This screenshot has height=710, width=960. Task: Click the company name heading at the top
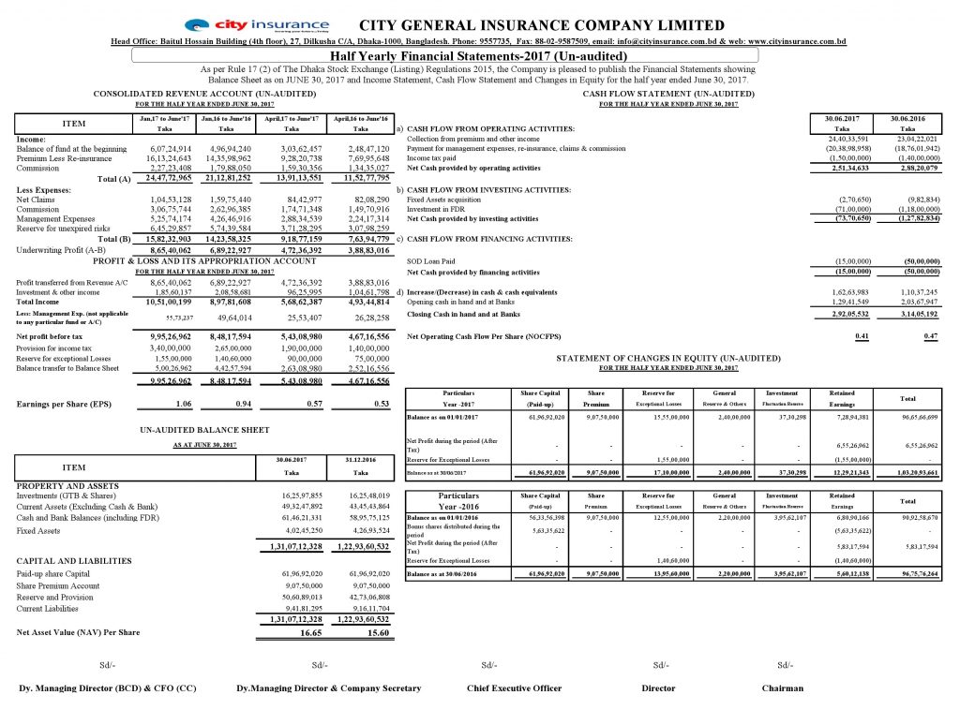(x=542, y=25)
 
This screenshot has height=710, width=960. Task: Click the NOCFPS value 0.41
(x=847, y=335)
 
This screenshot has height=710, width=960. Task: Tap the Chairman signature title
(x=782, y=688)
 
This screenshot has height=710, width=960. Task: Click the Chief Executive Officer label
(x=515, y=688)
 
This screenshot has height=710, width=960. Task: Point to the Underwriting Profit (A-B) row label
(x=58, y=252)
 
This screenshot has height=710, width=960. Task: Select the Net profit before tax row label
(x=50, y=335)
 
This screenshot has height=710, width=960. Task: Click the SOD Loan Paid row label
(x=431, y=261)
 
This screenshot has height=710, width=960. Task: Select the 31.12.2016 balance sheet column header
(x=363, y=459)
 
